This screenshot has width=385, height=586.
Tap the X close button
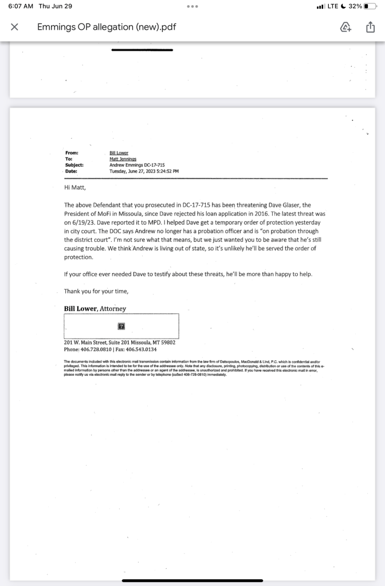pyautogui.click(x=15, y=27)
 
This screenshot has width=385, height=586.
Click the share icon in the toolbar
pyautogui.click(x=370, y=27)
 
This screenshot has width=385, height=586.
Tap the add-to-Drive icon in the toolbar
pyautogui.click(x=345, y=27)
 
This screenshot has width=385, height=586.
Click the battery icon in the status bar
pyautogui.click(x=374, y=6)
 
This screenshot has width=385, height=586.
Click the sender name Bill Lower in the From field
pyautogui.click(x=119, y=153)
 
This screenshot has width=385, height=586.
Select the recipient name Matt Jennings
pyautogui.click(x=123, y=159)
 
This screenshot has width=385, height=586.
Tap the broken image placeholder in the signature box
pyautogui.click(x=121, y=326)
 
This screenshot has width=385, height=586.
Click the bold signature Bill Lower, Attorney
pyautogui.click(x=95, y=309)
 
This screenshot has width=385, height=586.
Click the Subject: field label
pyautogui.click(x=74, y=165)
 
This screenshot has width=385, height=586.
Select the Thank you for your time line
pyautogui.click(x=96, y=291)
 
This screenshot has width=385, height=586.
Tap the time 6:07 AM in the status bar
pyautogui.click(x=21, y=6)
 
